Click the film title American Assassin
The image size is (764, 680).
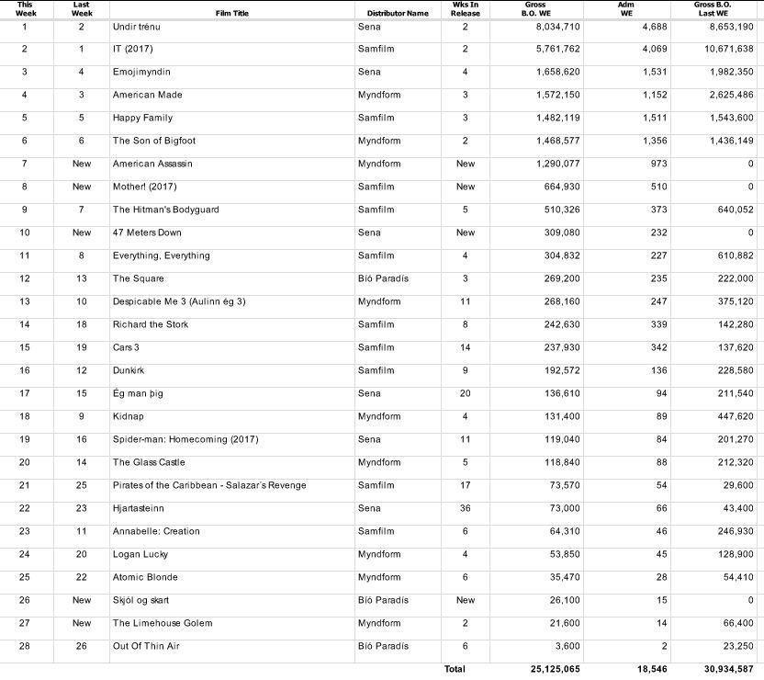[152, 164]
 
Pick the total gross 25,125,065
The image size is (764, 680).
[555, 670]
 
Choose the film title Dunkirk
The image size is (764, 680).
[129, 370]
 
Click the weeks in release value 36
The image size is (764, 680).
[466, 508]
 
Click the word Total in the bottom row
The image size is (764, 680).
[455, 670]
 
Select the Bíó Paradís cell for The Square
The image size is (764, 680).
[383, 278]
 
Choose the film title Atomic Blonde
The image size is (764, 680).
[145, 577]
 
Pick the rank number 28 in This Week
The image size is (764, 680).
[25, 646]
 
